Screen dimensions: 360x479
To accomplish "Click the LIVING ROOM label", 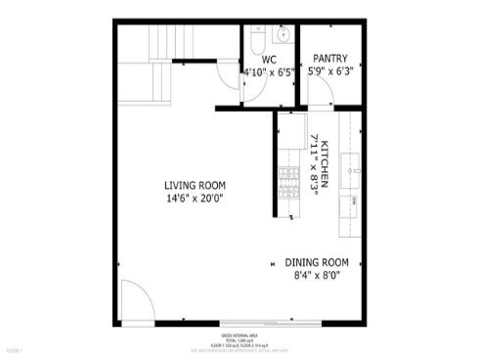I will click(x=195, y=186).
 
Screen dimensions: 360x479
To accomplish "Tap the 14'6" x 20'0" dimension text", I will click(x=195, y=200).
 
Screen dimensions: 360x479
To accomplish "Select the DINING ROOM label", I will click(x=317, y=262).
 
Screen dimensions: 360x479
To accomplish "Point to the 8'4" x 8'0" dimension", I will click(x=317, y=276).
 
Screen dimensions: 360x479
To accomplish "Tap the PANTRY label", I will click(x=329, y=59).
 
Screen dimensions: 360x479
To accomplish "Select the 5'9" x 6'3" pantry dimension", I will click(x=329, y=71).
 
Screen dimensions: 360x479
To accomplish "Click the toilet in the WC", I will click(x=257, y=40).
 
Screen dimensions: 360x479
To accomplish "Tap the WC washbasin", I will click(x=283, y=36).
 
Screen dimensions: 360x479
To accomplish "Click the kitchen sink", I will click(x=349, y=177).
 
